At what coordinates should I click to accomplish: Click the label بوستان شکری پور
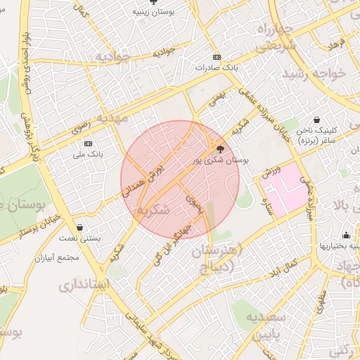click(221, 161)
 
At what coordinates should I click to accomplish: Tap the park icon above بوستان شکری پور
click(221, 148)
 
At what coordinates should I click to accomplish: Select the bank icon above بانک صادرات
click(217, 57)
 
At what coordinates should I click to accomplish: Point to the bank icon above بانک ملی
click(89, 143)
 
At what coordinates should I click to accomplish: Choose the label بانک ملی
click(89, 153)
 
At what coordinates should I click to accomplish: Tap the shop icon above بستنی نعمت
click(81, 227)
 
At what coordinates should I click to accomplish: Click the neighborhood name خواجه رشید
click(315, 74)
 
